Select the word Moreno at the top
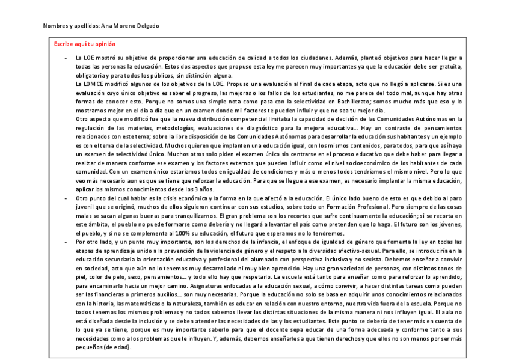click(126, 26)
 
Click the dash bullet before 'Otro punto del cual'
click(65, 197)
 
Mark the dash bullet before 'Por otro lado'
click(65, 240)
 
